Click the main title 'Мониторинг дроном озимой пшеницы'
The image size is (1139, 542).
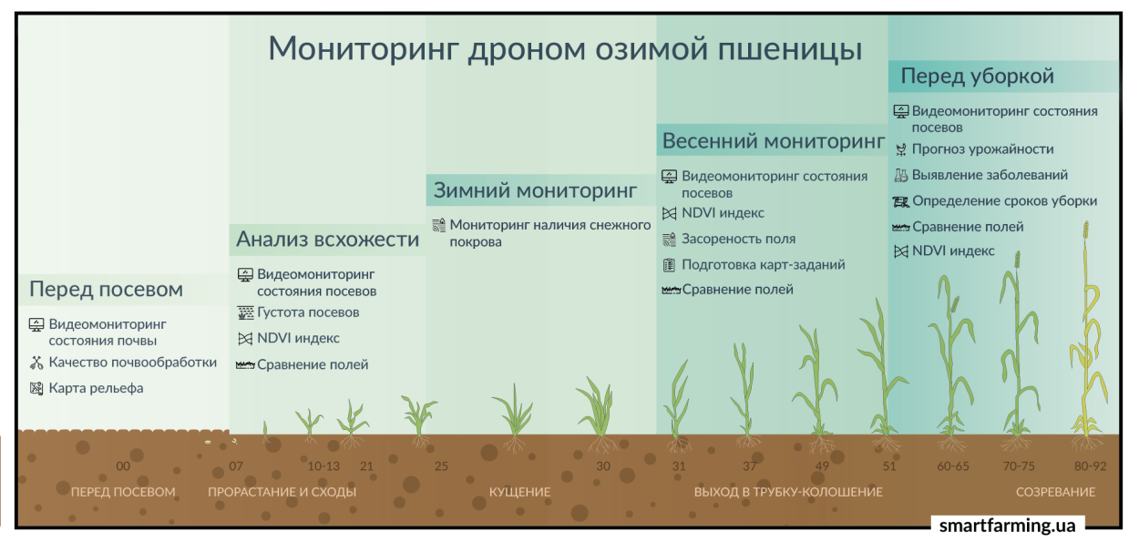click(x=565, y=48)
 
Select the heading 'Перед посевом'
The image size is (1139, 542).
click(x=106, y=290)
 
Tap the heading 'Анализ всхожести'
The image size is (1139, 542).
click(x=327, y=240)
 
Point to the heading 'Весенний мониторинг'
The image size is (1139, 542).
click(x=773, y=141)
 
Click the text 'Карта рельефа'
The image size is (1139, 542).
click(x=96, y=388)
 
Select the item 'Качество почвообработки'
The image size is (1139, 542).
click(x=132, y=363)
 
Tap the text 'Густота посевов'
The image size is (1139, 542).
click(x=308, y=312)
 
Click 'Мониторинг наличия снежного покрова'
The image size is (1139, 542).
click(x=549, y=233)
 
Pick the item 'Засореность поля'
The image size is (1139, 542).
click(x=738, y=239)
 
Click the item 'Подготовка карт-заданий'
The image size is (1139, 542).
click(x=763, y=265)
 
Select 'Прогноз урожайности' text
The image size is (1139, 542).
click(x=982, y=149)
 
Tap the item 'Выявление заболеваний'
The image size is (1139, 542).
click(x=990, y=175)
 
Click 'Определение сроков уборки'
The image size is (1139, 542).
click(x=1004, y=201)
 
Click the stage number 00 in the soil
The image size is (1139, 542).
click(x=123, y=466)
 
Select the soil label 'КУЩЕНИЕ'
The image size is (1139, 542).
click(x=519, y=492)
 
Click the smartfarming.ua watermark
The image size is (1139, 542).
click(x=1007, y=526)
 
